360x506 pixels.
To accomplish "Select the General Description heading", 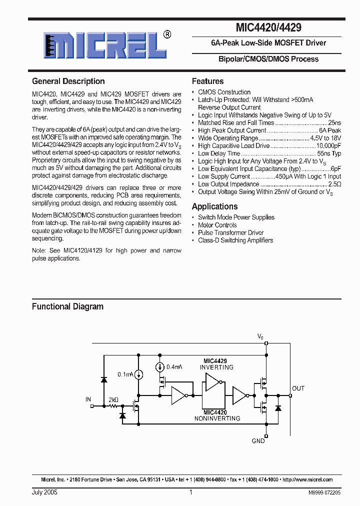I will [68, 81].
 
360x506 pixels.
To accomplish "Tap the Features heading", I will [207, 81].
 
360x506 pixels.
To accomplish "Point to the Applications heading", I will [214, 206].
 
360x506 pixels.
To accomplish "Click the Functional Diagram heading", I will [67, 306].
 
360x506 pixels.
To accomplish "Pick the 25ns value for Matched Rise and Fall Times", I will [334, 122].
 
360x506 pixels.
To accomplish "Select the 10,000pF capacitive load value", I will [328, 145].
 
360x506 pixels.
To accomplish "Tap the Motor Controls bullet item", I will [217, 225].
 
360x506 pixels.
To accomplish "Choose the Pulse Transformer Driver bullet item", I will [230, 232].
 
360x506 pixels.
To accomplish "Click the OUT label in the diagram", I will [298, 388].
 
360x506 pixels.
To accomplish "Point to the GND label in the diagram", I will [258, 441].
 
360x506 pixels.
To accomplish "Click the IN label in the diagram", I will [88, 399].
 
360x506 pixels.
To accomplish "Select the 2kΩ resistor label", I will [113, 400].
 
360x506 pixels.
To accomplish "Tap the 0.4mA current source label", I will [174, 367].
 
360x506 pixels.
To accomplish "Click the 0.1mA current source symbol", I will [138, 374].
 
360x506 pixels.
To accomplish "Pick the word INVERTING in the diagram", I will [216, 367].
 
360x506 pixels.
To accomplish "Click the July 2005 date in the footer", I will [44, 492].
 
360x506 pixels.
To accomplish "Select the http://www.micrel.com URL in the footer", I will [307, 479].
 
